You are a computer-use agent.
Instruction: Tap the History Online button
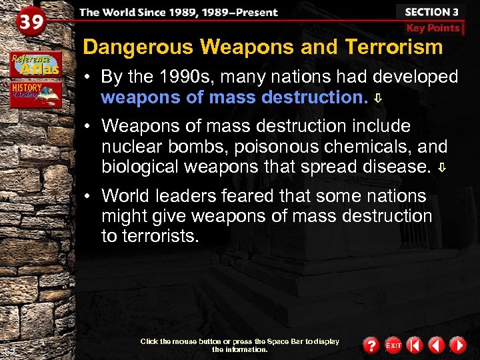click(x=36, y=93)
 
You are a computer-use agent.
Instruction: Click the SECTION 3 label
click(x=431, y=12)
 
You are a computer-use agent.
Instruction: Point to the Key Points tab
click(x=433, y=28)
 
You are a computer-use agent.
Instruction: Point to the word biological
click(x=141, y=167)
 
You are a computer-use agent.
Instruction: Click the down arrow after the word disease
click(x=441, y=167)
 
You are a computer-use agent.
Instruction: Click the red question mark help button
click(x=371, y=345)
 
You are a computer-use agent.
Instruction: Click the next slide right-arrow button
click(x=457, y=345)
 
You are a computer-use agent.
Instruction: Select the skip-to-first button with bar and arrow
click(x=415, y=345)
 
